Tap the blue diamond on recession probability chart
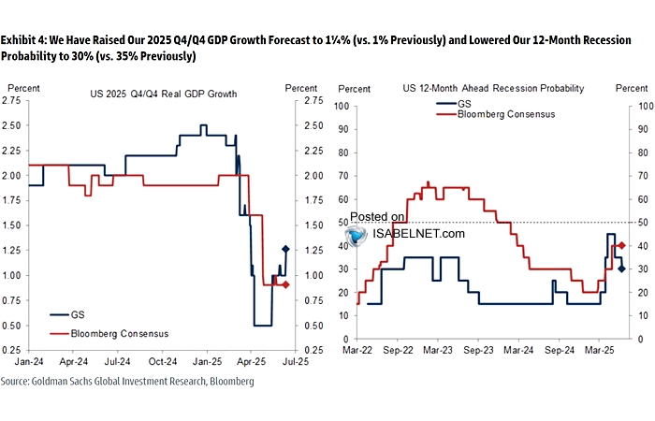(621, 269)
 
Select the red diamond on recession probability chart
(621, 245)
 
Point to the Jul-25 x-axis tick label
(297, 359)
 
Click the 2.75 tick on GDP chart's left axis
(19, 100)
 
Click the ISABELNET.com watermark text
(417, 233)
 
